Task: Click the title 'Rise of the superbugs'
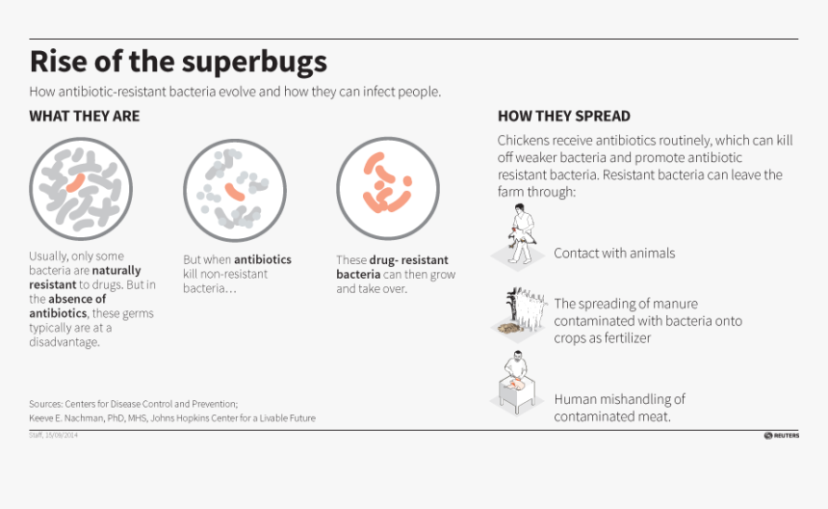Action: click(x=178, y=62)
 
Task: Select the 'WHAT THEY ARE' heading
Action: click(x=84, y=117)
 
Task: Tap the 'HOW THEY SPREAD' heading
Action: click(x=564, y=117)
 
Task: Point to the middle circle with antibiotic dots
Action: click(x=227, y=189)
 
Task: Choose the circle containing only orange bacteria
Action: click(x=387, y=189)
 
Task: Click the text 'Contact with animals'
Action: click(x=614, y=254)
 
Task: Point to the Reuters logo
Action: click(x=782, y=436)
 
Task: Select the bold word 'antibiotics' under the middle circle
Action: click(x=262, y=260)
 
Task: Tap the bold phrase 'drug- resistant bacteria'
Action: click(x=385, y=268)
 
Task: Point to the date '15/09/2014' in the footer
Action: click(x=62, y=436)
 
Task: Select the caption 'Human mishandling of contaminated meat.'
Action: click(x=619, y=408)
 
